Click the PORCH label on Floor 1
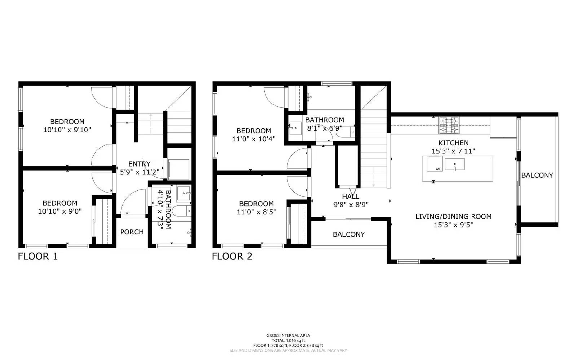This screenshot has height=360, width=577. pos(132,232)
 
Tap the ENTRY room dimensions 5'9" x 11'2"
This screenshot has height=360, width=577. pos(139,172)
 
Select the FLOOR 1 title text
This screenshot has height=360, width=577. pos(38,257)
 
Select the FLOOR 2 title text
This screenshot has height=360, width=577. pos(232,257)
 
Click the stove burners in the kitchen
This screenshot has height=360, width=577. pos(449,125)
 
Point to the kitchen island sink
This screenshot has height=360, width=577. pos(454,165)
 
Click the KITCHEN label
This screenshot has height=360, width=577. pos(453,143)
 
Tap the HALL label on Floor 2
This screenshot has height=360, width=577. pos(351,196)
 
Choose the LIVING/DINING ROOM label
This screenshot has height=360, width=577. pos(453,217)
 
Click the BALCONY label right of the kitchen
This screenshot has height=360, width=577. pos(537,175)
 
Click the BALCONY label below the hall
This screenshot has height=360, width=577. pos(348,235)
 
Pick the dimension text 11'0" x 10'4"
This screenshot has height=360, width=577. pos(254,139)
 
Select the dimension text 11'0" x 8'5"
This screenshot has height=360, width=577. pos(256,212)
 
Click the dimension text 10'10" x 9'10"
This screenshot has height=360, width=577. pos(67,130)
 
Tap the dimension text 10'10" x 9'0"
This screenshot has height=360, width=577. pos(60,211)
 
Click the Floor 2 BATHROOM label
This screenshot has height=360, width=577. pos(325,120)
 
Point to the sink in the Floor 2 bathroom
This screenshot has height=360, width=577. pos(295,128)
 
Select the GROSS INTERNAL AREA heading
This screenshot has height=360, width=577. pos(288,335)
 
